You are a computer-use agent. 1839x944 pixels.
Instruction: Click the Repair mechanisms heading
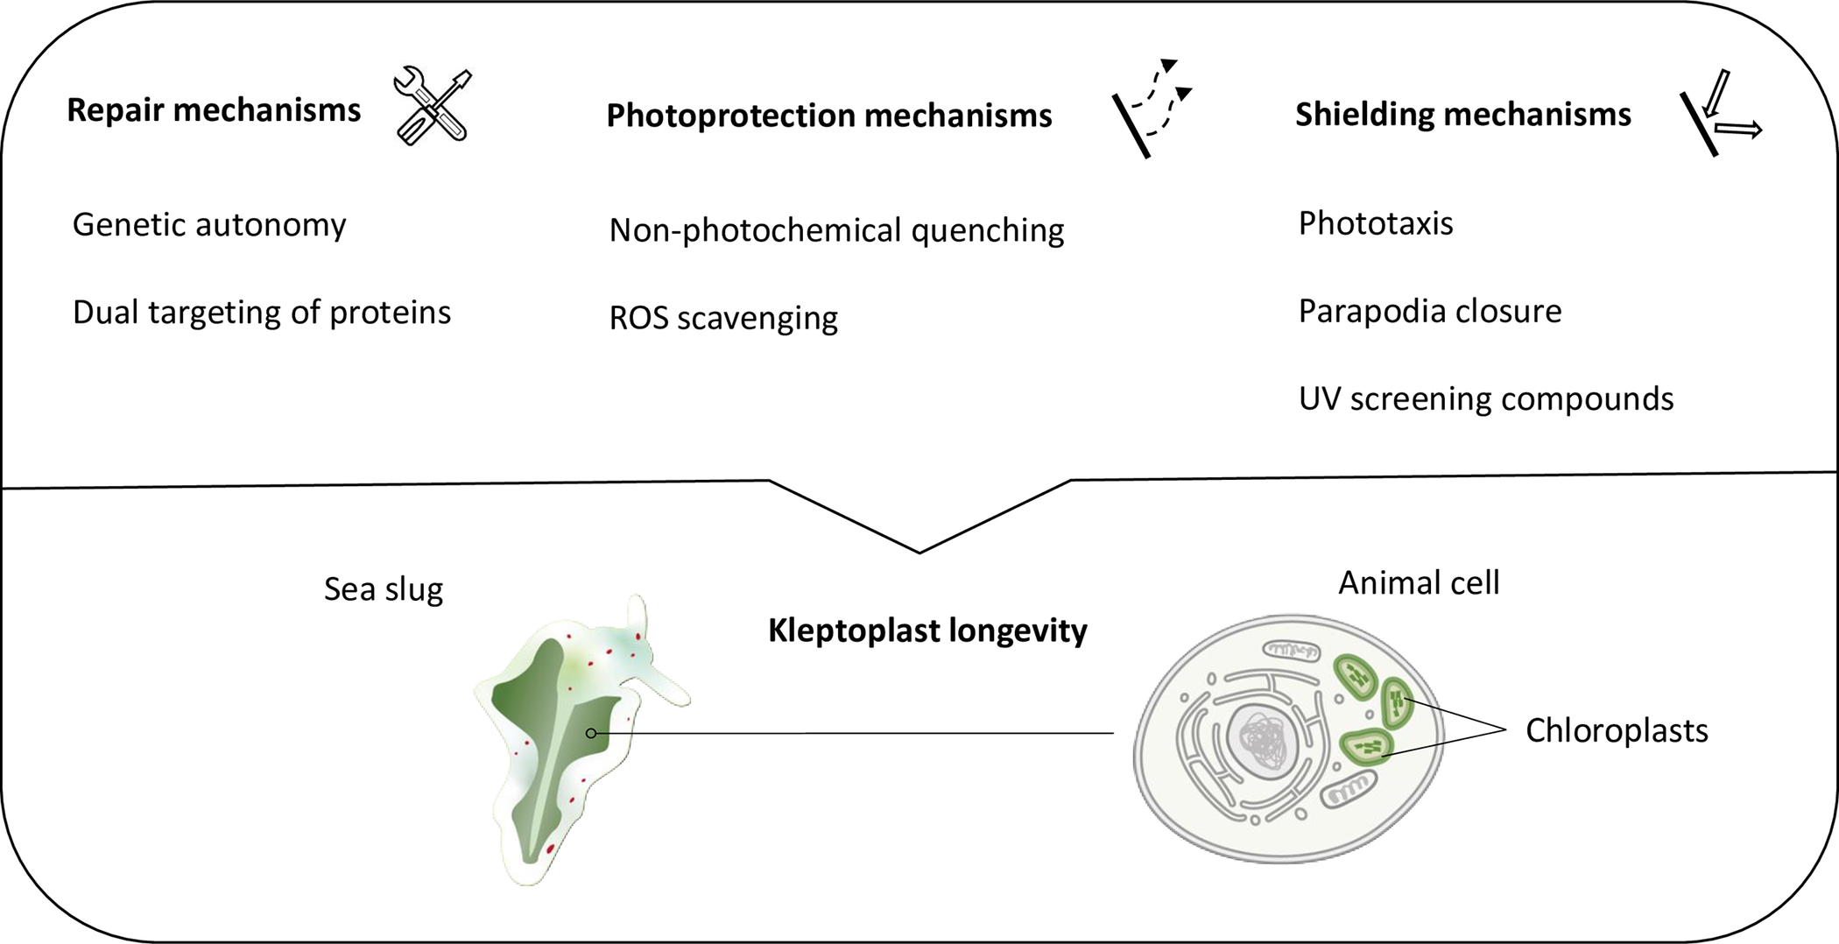214,110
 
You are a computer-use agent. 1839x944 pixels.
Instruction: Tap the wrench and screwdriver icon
433,106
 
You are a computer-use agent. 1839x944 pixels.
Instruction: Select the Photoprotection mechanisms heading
829,116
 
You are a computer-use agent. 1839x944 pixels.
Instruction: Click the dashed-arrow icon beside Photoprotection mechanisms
1152,109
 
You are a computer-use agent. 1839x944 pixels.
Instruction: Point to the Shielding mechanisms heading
1463,115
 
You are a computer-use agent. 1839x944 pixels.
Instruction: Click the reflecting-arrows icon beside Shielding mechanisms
1721,112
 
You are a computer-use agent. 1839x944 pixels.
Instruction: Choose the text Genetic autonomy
209,225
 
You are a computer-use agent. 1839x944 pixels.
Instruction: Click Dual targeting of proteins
262,313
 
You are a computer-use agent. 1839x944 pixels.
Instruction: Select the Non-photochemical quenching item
836,230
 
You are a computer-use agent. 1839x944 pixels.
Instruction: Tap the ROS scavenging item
723,318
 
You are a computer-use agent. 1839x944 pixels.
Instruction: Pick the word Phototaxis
1376,224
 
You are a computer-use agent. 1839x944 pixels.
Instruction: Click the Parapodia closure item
1430,312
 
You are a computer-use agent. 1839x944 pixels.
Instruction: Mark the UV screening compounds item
1486,399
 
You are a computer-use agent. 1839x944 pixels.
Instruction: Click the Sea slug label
384,589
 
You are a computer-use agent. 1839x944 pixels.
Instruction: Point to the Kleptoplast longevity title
927,631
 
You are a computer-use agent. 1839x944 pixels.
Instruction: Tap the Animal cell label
1419,583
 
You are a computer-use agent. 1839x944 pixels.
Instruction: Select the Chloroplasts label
1617,731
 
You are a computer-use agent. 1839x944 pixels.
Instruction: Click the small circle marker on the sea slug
592,733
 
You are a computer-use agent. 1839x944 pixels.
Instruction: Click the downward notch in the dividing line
919,552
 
